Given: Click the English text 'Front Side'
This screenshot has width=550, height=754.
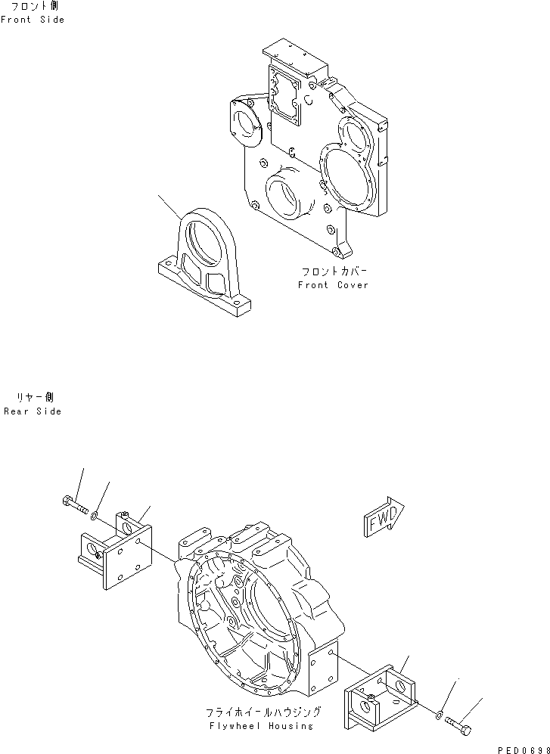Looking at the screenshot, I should pos(33,20).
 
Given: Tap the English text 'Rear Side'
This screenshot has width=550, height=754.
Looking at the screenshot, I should pos(33,411).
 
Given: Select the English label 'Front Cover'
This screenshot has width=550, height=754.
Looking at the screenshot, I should pos(333,285).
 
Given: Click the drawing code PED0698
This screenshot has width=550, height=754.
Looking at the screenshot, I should pos(522,748).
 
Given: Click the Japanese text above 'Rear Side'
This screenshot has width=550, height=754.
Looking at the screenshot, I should pos(35,398).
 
